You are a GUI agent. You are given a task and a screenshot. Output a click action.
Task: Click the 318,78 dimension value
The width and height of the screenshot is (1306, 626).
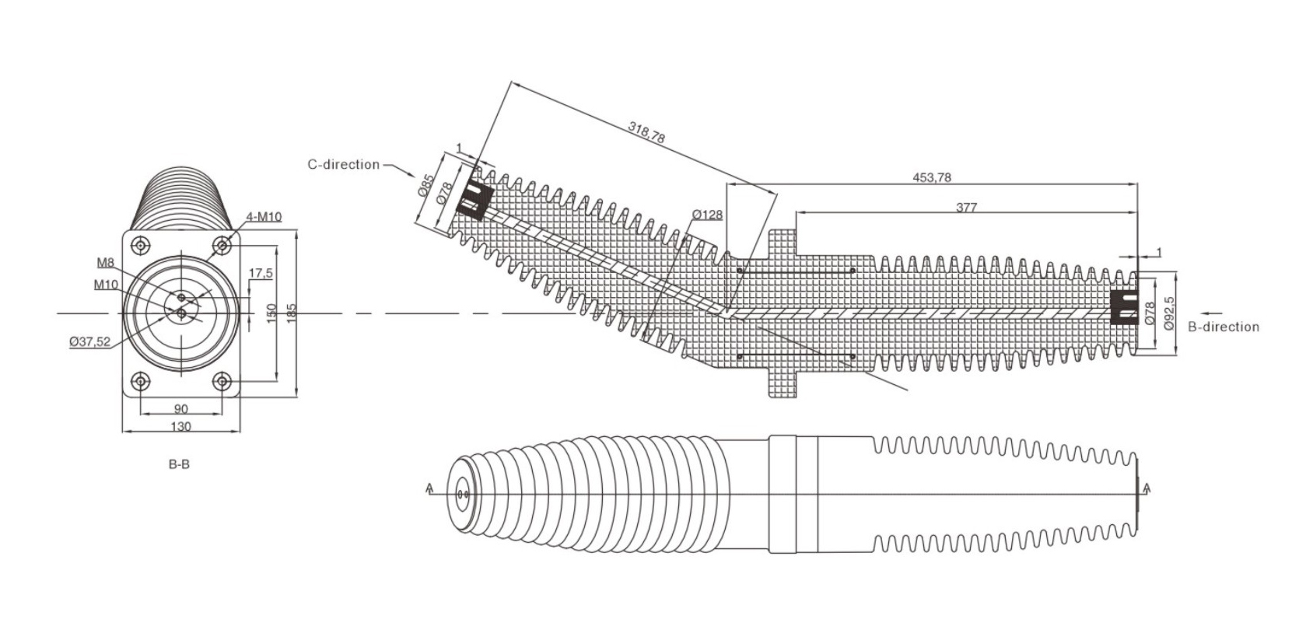646,132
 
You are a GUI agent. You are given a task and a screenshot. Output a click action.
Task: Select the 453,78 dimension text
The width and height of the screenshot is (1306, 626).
931,177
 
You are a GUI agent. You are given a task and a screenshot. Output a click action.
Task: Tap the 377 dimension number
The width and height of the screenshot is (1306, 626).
967,207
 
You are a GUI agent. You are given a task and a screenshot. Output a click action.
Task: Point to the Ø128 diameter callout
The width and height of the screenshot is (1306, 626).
708,215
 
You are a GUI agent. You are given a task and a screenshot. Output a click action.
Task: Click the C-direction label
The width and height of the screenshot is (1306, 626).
343,164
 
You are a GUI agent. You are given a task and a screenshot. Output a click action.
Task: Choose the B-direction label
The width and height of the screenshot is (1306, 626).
1224,327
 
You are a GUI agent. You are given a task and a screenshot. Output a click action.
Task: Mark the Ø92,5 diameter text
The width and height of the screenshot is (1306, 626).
1169,313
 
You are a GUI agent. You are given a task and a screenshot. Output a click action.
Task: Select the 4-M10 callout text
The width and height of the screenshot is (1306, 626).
264,217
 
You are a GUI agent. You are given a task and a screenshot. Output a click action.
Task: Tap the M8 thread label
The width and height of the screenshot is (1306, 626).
106,263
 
